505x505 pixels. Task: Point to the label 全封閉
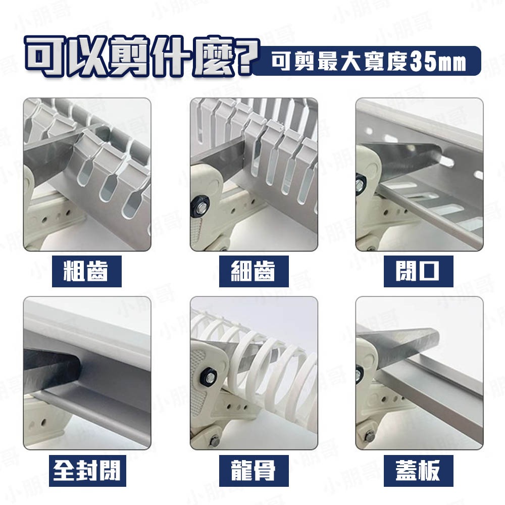(x=87, y=471)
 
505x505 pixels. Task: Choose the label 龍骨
(x=253, y=471)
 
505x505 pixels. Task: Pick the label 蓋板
(x=418, y=471)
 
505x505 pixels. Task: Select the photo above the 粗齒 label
(x=87, y=174)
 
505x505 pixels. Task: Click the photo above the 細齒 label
(x=254, y=174)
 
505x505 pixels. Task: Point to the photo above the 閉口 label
(x=419, y=174)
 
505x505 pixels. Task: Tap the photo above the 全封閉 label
(x=87, y=373)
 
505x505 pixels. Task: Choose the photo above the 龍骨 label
(x=254, y=373)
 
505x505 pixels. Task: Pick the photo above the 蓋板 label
(x=419, y=373)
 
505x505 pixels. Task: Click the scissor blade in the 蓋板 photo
(x=404, y=346)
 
